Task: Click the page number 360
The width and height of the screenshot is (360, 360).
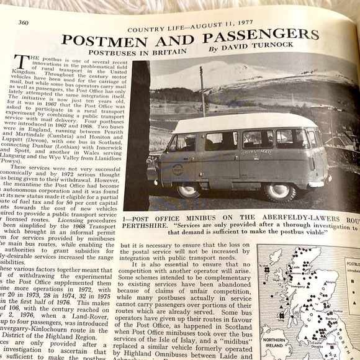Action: pos(23,23)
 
